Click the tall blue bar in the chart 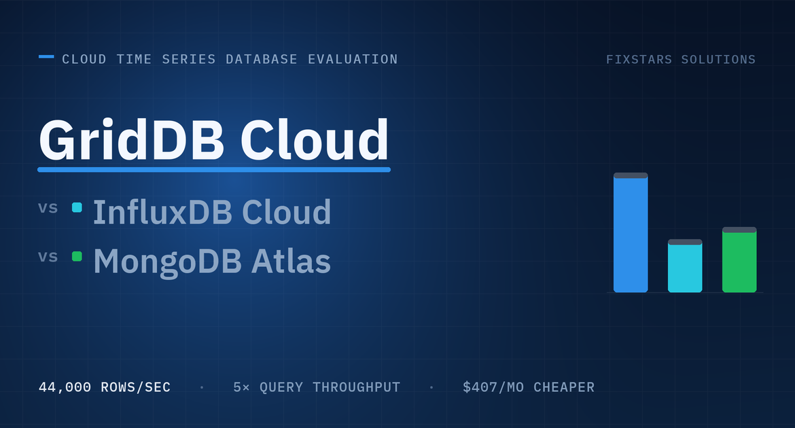(x=631, y=232)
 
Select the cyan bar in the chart (x=685, y=266)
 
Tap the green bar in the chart (x=739, y=260)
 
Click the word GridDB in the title (x=131, y=140)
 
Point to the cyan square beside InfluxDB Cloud (x=77, y=207)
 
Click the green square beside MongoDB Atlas (x=77, y=257)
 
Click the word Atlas (x=291, y=261)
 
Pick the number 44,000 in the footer (x=65, y=387)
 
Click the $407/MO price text (x=493, y=387)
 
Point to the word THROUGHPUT (x=357, y=387)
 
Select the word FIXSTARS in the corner (x=639, y=59)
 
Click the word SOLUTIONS (x=718, y=59)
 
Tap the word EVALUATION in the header (x=353, y=59)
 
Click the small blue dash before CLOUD (x=46, y=57)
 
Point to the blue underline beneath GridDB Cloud (x=214, y=169)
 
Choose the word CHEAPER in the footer (x=564, y=387)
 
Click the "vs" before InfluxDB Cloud (x=48, y=208)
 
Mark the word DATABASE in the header (x=262, y=59)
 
